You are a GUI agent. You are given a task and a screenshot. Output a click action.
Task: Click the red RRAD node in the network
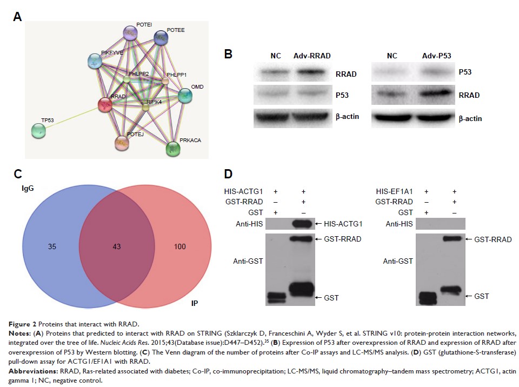click(x=104, y=104)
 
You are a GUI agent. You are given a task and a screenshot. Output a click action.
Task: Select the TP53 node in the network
click(x=38, y=130)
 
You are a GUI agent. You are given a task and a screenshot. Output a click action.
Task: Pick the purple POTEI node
click(x=130, y=33)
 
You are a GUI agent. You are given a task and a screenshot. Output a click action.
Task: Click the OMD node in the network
click(x=185, y=96)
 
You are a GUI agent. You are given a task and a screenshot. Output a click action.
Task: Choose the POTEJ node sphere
click(x=122, y=143)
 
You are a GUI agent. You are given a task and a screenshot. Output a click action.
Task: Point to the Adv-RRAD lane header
click(x=312, y=55)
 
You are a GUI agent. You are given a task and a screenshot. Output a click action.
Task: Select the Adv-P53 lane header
click(x=436, y=55)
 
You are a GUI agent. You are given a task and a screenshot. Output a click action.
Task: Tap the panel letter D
click(x=228, y=174)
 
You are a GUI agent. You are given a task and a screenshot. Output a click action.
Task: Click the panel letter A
click(x=18, y=17)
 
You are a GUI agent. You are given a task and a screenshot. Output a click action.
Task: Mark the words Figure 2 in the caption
click(x=29, y=324)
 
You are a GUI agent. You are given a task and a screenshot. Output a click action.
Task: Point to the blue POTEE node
click(x=161, y=37)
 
